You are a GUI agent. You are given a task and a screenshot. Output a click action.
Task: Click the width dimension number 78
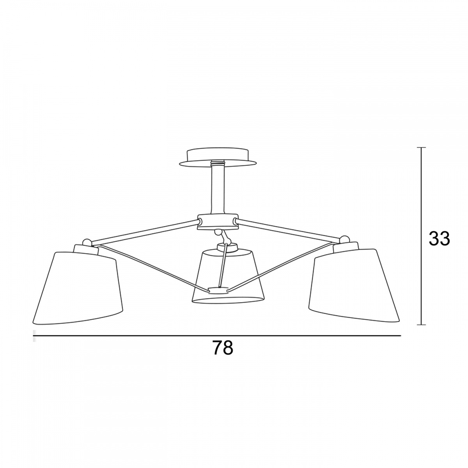pyautogui.click(x=223, y=348)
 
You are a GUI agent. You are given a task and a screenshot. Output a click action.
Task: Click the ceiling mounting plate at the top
pyautogui.click(x=217, y=158)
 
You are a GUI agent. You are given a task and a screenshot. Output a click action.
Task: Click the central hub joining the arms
pyautogui.click(x=218, y=222)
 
